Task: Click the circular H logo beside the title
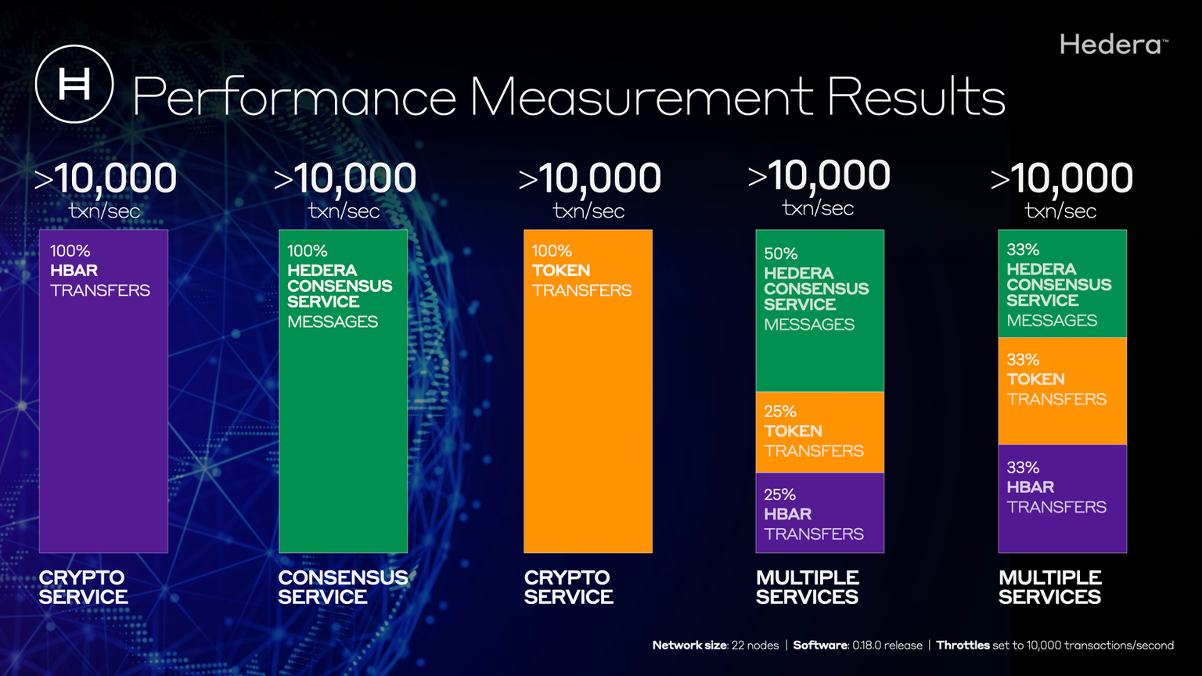coord(74,84)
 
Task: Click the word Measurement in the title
coord(642,98)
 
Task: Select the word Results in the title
coord(916,98)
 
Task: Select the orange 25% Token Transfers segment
coord(819,432)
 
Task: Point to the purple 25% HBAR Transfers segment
coord(819,513)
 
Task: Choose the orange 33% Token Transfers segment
coord(1062,391)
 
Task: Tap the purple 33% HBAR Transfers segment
coord(1062,498)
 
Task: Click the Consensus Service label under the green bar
coord(343,588)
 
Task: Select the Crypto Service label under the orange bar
coord(568,588)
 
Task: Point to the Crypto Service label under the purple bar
coord(83,588)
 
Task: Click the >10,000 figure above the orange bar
coord(590,178)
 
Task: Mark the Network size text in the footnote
coord(689,645)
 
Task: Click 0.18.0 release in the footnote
coord(887,645)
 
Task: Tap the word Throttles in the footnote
coord(963,645)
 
